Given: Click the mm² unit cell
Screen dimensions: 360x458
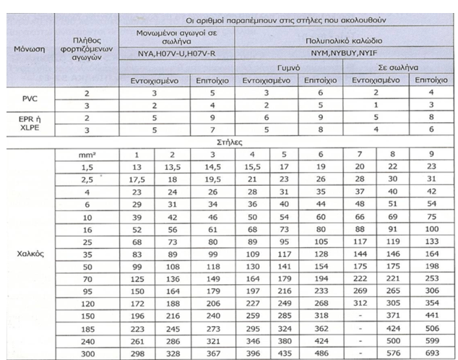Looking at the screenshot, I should [87, 155].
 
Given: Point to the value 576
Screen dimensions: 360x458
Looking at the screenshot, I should [393, 351].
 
